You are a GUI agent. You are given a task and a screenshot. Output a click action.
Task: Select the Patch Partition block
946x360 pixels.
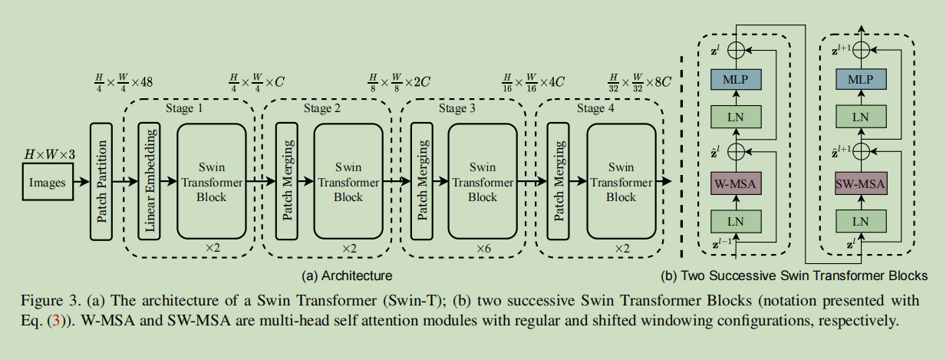click(101, 182)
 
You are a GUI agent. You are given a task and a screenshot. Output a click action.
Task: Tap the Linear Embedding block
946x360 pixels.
click(150, 182)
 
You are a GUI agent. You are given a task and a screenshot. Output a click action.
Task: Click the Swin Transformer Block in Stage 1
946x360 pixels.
click(211, 182)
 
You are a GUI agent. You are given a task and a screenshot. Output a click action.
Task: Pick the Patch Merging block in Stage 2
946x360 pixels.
click(287, 182)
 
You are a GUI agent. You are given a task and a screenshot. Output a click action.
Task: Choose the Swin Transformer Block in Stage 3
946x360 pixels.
click(483, 182)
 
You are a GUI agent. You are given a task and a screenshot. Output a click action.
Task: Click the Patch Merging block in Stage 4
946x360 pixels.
click(559, 182)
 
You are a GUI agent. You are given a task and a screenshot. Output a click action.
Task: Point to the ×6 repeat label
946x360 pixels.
click(483, 249)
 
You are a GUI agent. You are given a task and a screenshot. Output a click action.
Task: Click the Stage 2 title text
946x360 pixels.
click(321, 108)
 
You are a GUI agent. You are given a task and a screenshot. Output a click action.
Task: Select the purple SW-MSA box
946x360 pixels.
click(860, 184)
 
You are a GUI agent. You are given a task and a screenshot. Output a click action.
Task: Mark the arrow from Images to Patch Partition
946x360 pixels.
click(79, 183)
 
